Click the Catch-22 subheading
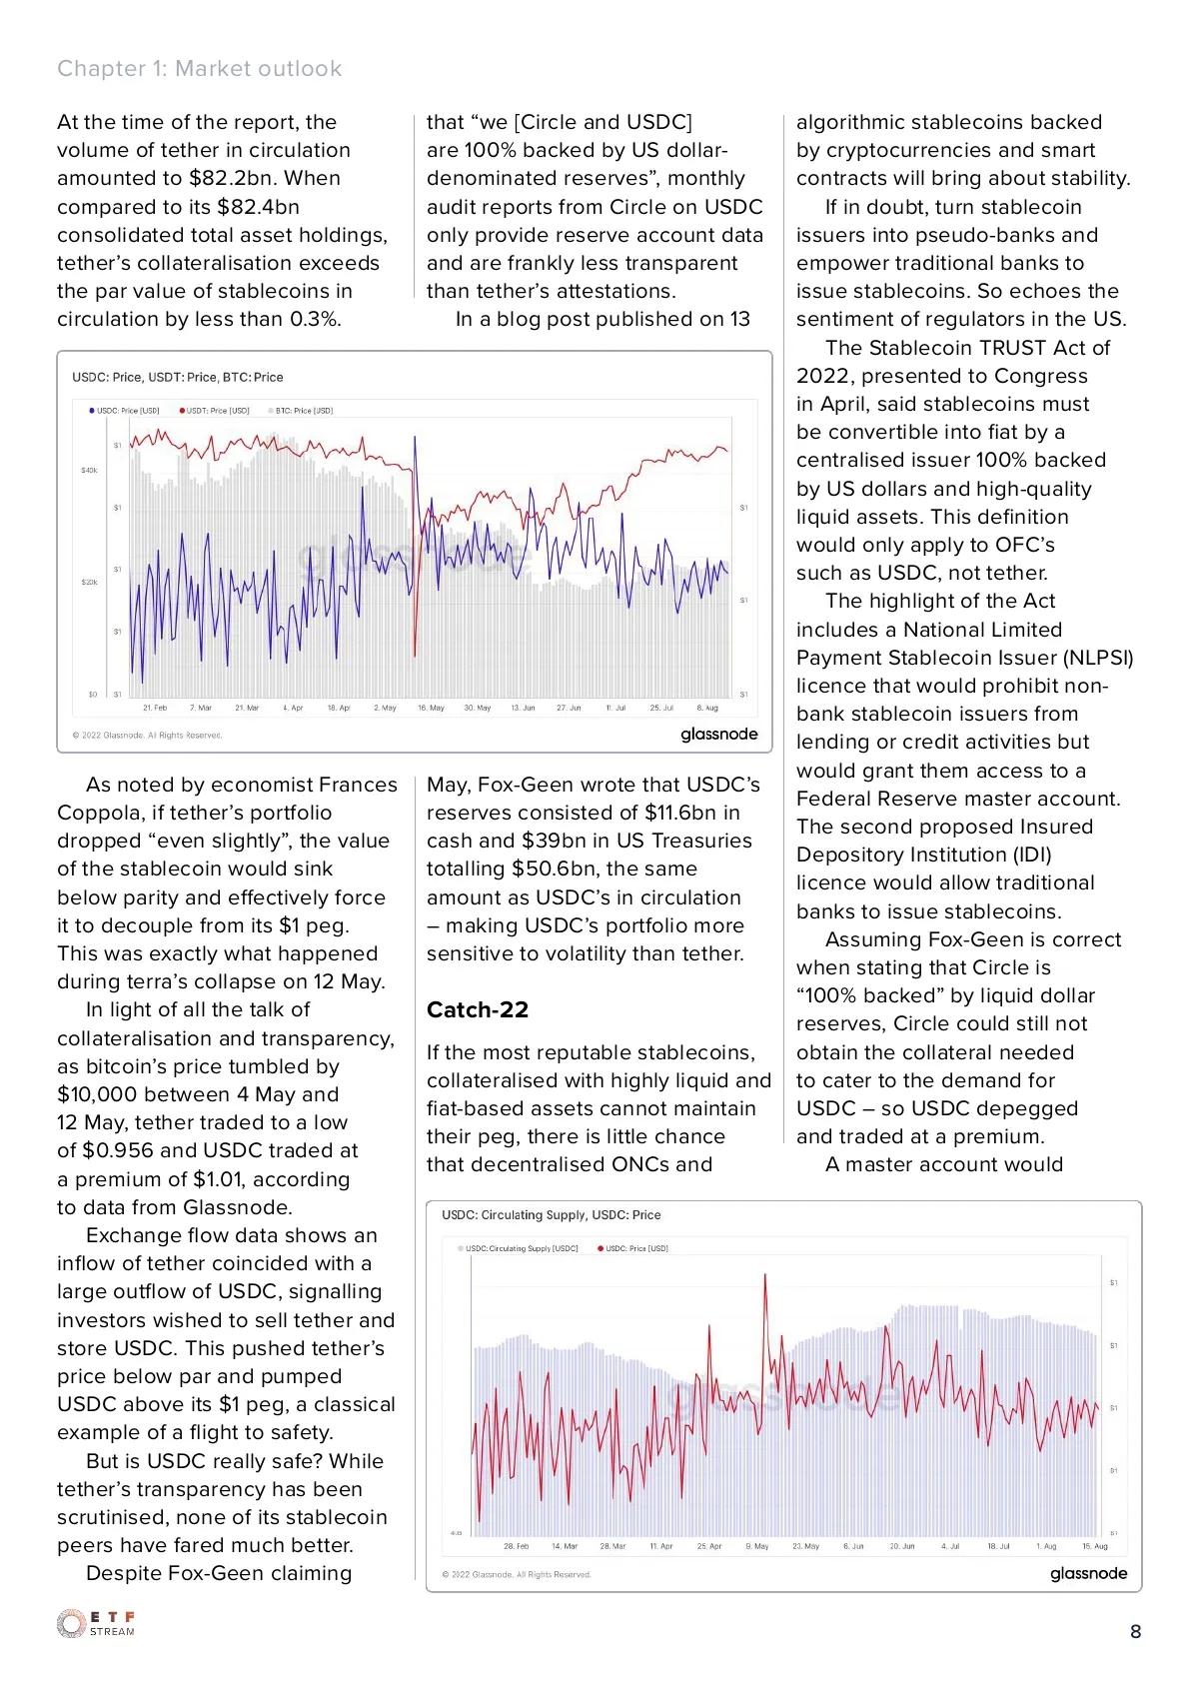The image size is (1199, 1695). (x=477, y=1009)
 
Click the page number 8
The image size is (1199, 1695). (x=1135, y=1631)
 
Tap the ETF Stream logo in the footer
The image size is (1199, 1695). (x=96, y=1623)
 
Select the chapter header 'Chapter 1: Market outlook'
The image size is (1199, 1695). (x=199, y=68)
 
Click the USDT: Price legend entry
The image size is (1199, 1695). (x=214, y=410)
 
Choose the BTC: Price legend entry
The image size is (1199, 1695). (x=301, y=410)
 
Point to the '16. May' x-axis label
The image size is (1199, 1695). (x=431, y=708)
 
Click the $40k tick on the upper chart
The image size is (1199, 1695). (x=89, y=470)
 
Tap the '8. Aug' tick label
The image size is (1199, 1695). (x=707, y=708)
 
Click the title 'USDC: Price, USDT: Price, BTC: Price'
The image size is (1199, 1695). (x=177, y=377)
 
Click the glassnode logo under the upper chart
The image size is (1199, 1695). (x=719, y=734)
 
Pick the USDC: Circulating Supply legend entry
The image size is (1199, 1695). (x=518, y=1248)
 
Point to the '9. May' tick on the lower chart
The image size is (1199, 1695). (x=757, y=1546)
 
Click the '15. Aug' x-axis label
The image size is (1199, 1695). (x=1095, y=1546)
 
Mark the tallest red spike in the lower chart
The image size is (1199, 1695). (x=765, y=1275)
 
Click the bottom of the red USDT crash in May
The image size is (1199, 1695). (x=415, y=655)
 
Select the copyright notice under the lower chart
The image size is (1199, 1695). (x=517, y=1574)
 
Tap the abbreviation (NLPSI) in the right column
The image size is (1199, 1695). (x=1098, y=658)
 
